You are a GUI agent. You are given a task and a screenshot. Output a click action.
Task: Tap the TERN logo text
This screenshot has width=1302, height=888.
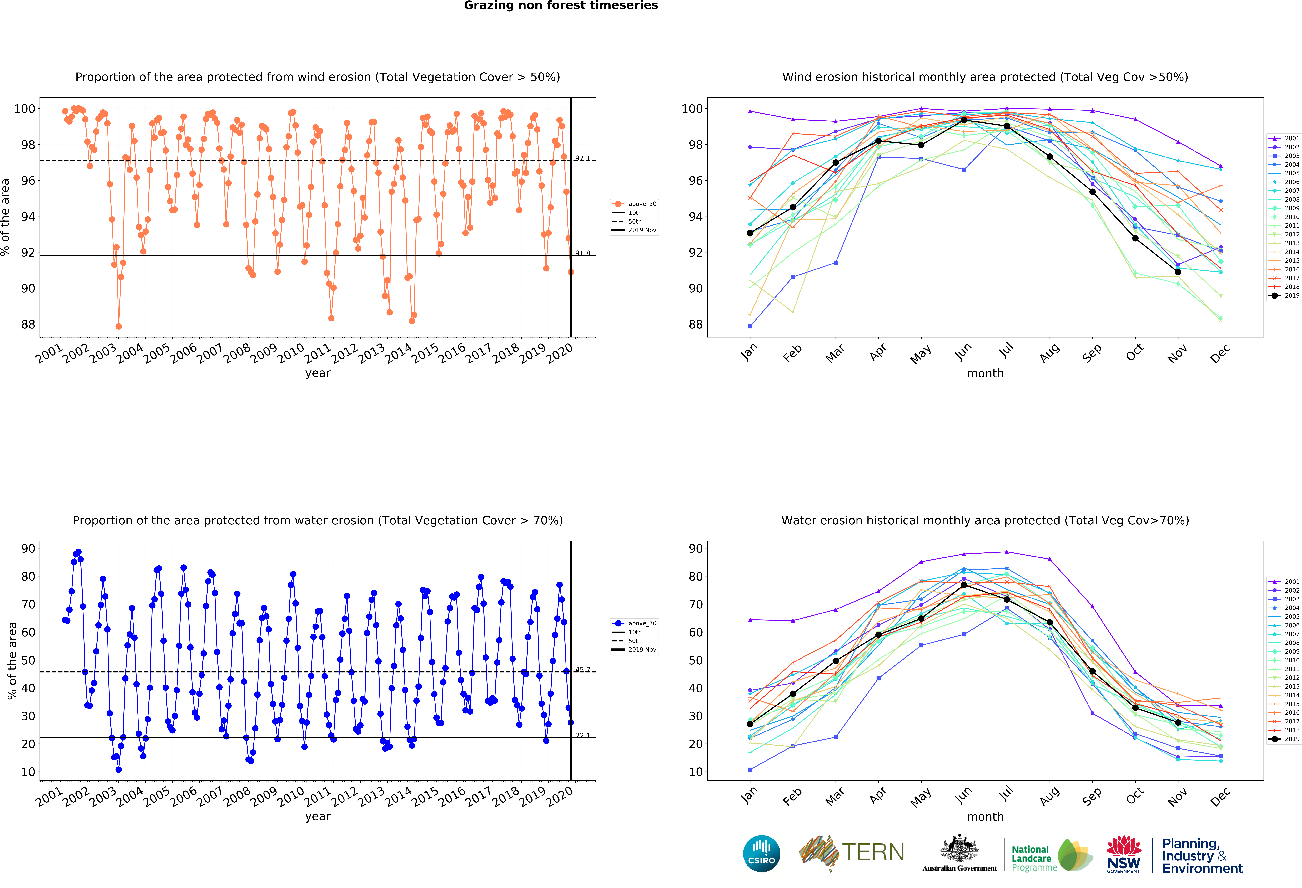[x=873, y=852]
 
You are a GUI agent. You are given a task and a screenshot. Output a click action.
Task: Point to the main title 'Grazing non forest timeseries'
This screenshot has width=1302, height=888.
[x=561, y=6]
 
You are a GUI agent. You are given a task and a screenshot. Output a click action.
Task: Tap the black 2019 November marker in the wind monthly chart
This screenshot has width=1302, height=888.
[x=1178, y=272]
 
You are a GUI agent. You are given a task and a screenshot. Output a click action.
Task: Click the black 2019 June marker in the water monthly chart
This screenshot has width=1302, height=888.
[x=964, y=585]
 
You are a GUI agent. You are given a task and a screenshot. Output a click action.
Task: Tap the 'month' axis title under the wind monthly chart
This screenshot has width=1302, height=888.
[x=985, y=373]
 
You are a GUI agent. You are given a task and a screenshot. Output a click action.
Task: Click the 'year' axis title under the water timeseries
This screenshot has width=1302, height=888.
[x=318, y=816]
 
